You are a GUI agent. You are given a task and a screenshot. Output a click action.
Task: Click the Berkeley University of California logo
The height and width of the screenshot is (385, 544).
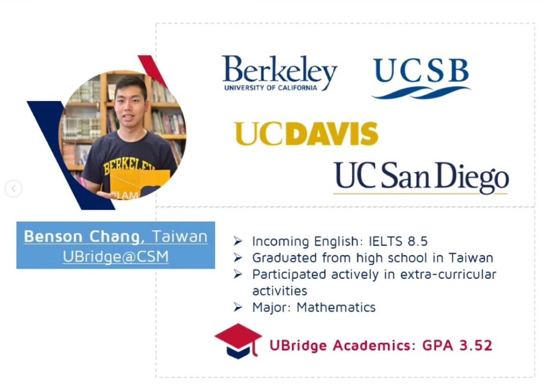click(280, 73)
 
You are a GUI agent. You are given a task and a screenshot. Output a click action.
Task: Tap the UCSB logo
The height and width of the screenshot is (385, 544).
click(421, 78)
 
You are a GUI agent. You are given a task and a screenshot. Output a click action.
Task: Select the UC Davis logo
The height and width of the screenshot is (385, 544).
click(306, 134)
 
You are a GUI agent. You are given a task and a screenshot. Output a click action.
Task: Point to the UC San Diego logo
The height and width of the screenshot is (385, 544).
click(421, 178)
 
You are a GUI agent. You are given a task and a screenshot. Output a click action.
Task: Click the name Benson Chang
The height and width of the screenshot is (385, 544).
click(82, 237)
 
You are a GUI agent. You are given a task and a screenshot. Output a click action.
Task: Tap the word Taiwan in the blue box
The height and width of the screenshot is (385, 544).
click(180, 237)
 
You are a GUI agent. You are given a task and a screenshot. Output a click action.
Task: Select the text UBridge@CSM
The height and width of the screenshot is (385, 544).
click(116, 257)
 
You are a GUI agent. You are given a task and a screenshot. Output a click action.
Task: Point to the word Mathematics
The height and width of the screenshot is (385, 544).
click(336, 308)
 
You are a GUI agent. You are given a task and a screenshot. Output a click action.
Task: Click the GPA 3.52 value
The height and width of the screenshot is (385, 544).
click(457, 345)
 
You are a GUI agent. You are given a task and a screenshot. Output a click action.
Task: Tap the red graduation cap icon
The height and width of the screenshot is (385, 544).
click(238, 341)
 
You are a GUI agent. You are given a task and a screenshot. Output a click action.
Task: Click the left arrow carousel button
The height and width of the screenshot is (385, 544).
click(13, 189)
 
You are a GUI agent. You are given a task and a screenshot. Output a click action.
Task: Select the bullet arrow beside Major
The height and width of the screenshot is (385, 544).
click(238, 307)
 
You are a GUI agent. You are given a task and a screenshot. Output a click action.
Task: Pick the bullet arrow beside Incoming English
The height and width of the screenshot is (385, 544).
click(238, 241)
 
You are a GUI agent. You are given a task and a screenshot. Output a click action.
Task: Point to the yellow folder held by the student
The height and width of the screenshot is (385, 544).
click(140, 183)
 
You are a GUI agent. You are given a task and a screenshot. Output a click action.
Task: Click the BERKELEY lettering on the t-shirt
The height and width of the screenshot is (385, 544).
click(129, 166)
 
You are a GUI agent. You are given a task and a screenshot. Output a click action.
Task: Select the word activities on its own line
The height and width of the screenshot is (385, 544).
click(280, 291)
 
